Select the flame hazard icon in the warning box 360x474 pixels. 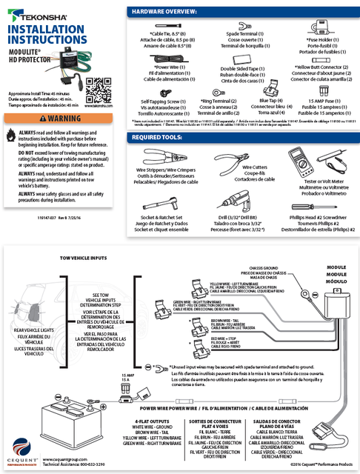click(x=10, y=135)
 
